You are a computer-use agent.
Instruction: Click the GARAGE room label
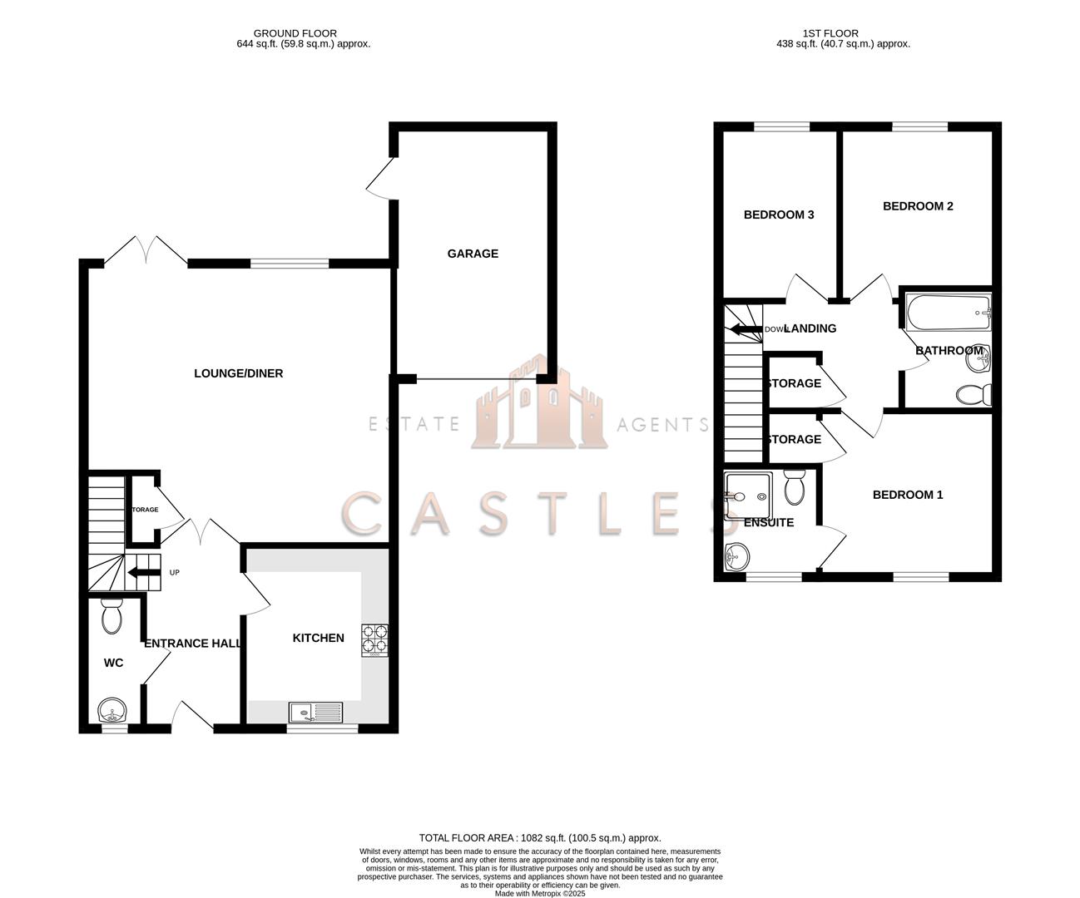pos(473,254)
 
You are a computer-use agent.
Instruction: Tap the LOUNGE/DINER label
pos(238,373)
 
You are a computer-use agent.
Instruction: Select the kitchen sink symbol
pos(315,712)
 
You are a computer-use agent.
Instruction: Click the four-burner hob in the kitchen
pos(374,639)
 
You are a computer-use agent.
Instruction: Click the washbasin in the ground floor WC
pos(111,712)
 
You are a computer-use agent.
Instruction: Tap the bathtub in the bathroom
pos(948,313)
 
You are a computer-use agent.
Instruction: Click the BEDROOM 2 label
pos(918,206)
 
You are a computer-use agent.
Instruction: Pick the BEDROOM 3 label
pos(779,215)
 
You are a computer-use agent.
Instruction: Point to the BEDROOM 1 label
pos(908,495)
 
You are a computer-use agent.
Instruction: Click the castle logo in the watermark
pos(538,406)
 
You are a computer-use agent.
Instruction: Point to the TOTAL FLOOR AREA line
pos(539,838)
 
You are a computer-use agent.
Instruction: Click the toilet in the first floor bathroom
pos(971,393)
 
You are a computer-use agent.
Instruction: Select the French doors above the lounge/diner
pos(146,250)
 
